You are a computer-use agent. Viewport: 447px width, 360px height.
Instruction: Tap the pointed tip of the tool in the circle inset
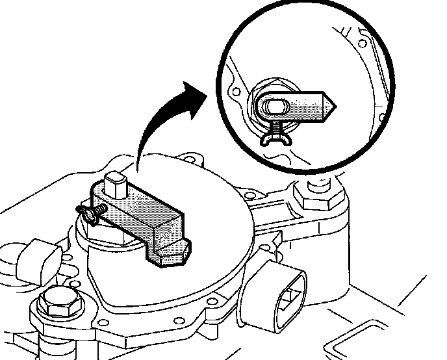[331, 105]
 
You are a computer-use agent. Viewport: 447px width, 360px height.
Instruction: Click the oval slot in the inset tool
[273, 107]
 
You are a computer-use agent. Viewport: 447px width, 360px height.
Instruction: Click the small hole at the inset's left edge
[235, 92]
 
